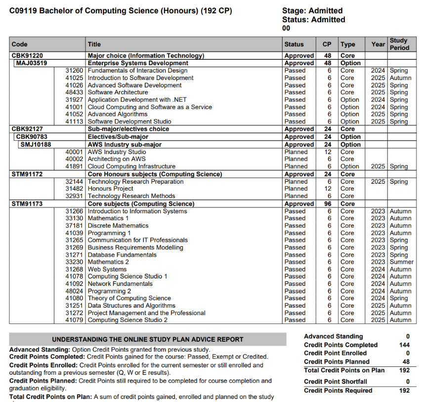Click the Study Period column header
coord(399,44)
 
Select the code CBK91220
coord(27,56)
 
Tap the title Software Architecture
coord(118,92)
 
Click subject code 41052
coord(75,114)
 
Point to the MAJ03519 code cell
coord(32,63)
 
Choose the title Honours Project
coord(110,189)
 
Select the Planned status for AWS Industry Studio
coord(296,152)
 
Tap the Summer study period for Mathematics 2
coord(401,262)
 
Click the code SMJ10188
coord(36,145)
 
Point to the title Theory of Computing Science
coord(129,298)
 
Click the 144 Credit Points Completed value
coord(404,345)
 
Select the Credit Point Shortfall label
coord(336,382)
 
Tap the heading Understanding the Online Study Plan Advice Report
coord(148,339)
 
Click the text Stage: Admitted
coord(312,11)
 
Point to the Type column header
coord(348,44)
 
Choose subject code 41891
coord(75,166)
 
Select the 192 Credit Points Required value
coord(404,391)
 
